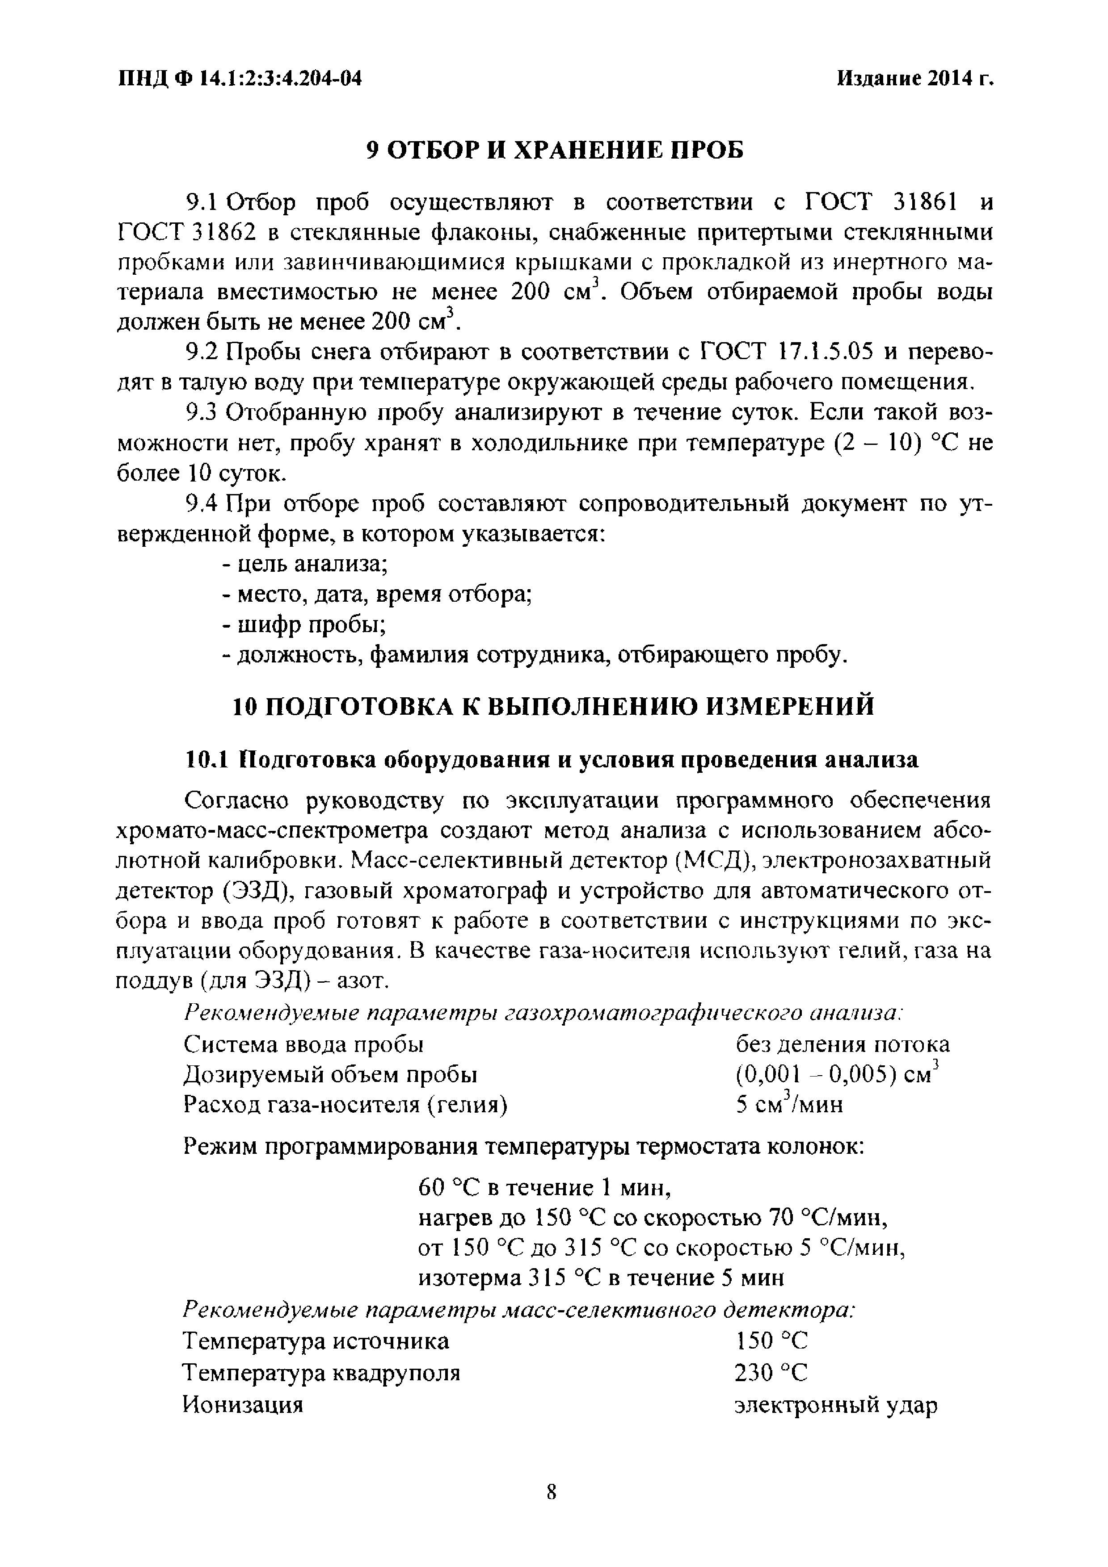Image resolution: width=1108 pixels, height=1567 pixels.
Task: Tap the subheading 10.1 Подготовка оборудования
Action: [552, 760]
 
